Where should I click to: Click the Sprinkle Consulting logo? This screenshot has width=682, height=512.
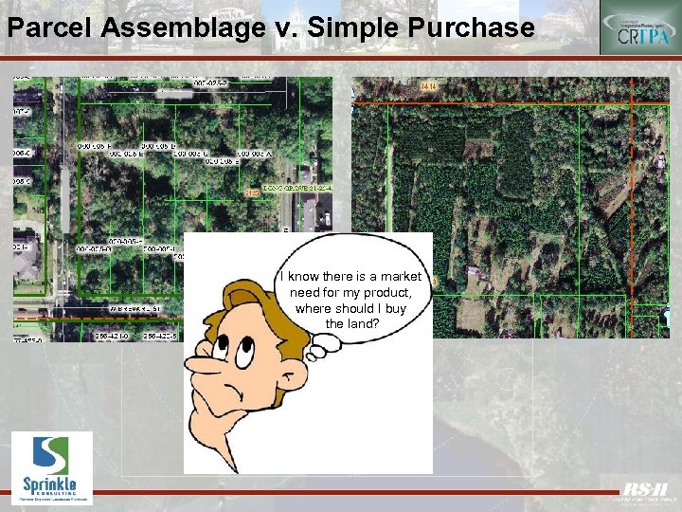tap(52, 467)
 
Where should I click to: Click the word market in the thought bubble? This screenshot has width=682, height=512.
tap(403, 277)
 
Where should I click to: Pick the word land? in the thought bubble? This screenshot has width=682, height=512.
tap(352, 324)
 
